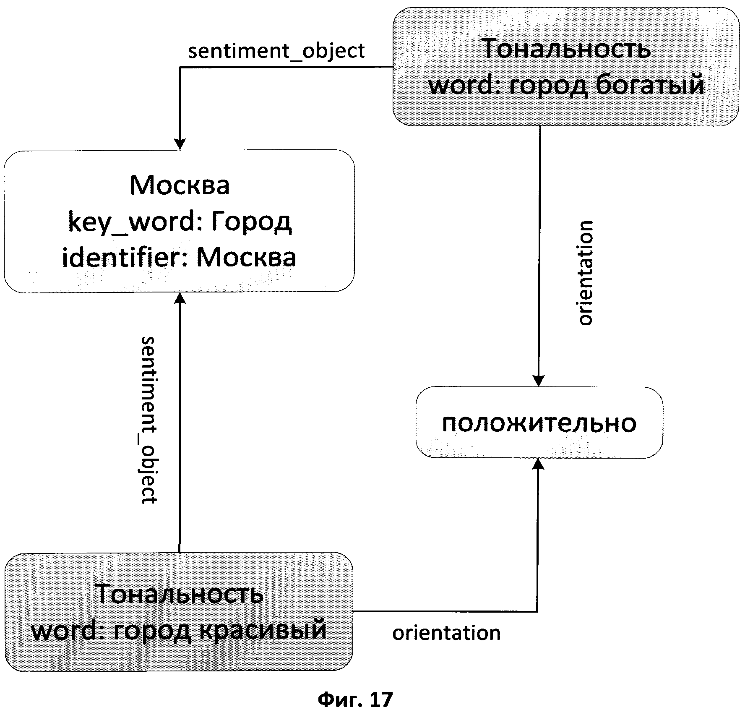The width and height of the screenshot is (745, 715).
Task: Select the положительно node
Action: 539,423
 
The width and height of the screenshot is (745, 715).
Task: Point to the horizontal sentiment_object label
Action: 276,51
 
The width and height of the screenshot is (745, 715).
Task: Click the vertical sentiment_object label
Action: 149,420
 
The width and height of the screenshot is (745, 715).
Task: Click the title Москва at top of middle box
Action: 180,185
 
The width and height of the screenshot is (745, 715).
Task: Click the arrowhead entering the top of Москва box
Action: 180,144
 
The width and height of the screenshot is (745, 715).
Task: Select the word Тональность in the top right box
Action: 567,50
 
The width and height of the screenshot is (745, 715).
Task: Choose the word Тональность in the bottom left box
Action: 180,593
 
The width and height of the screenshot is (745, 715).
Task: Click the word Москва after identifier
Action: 246,257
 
